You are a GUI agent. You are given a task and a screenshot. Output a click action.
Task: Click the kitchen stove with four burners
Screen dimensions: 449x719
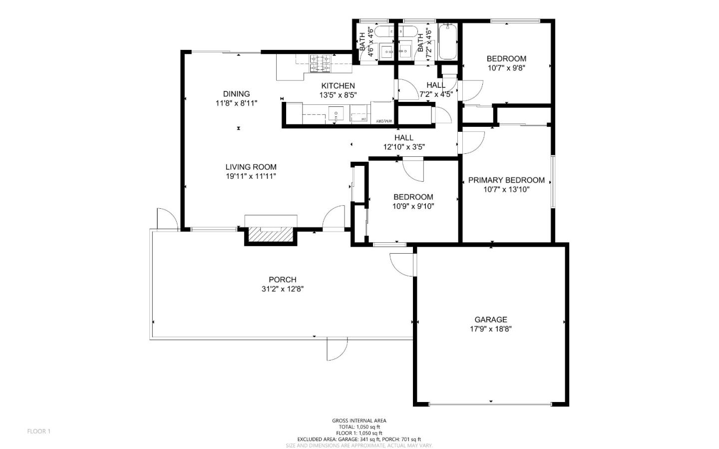pos(321,63)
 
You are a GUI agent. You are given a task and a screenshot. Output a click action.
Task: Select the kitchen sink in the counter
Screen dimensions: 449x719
pos(337,113)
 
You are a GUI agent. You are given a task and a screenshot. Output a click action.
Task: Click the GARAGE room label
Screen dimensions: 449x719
pos(490,320)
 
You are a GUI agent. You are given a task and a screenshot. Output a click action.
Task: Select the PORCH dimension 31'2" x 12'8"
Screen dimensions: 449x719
pos(282,289)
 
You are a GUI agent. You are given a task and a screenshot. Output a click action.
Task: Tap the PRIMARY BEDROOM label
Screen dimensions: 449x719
pos(506,180)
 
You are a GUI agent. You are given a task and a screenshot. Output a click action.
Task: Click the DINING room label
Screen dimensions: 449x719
pos(236,94)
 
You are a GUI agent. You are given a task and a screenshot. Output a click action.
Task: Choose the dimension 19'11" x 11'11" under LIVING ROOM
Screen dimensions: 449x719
pos(250,176)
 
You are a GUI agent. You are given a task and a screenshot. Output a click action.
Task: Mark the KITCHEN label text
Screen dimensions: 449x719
pos(338,86)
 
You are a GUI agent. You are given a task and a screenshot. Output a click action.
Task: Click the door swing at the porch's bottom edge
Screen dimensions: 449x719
pos(337,349)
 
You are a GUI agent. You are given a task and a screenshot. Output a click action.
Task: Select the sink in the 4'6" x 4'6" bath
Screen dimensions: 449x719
pos(386,51)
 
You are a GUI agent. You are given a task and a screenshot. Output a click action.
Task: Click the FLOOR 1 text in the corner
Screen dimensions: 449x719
pos(38,431)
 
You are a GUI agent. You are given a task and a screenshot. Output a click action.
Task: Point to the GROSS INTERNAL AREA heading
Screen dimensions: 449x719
pos(359,421)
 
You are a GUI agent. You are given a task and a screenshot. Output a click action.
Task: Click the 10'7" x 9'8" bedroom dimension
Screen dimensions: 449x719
pos(506,68)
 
